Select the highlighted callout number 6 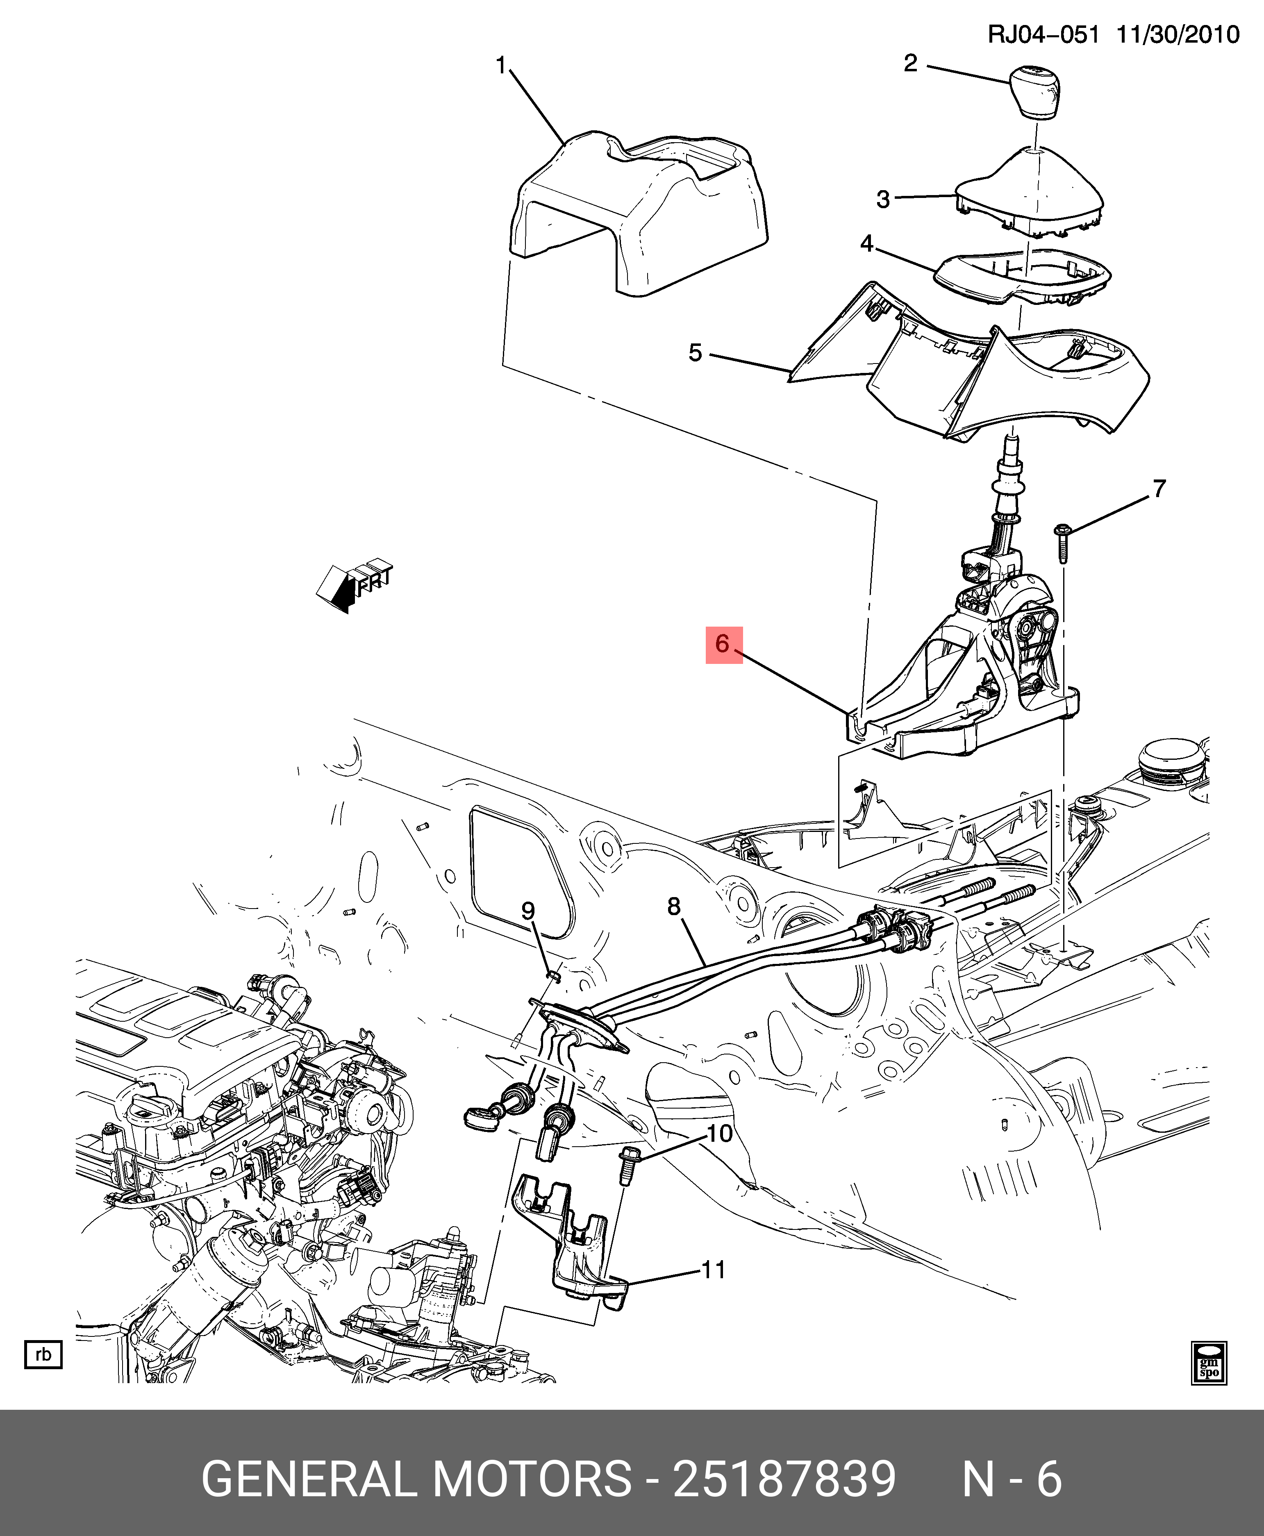click(723, 644)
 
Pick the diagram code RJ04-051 click(1043, 34)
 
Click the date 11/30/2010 click(1178, 34)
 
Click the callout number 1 click(501, 66)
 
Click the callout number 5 click(696, 353)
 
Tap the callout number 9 click(528, 911)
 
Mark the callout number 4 click(866, 243)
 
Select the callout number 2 click(910, 64)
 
